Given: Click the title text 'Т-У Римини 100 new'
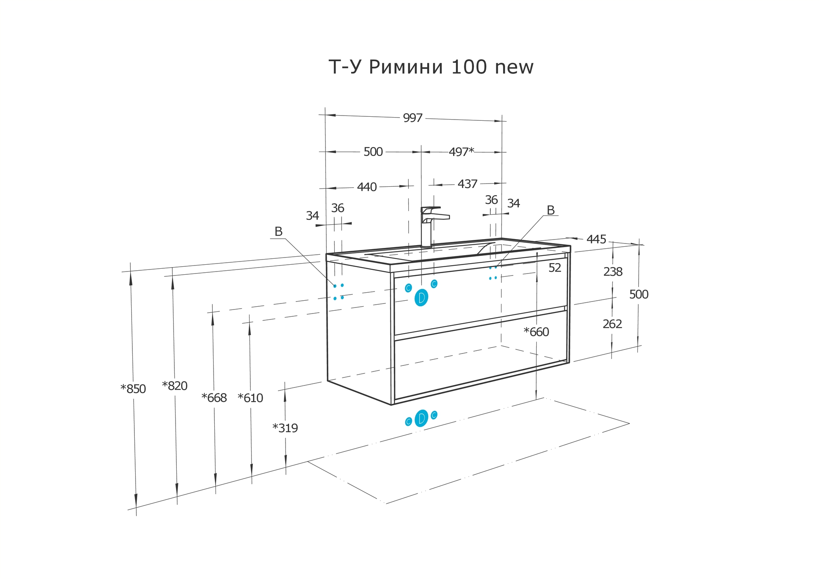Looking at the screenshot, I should (431, 67).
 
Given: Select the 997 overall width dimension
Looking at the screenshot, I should (413, 118).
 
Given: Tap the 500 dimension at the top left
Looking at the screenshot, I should (373, 152).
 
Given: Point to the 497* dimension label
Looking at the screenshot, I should (461, 152).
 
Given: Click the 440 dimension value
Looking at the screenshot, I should (367, 187).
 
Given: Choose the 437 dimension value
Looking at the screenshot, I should (467, 184).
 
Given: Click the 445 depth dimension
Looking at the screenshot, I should (596, 239).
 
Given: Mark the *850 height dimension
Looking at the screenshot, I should (134, 389).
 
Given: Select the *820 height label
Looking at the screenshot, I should (175, 386).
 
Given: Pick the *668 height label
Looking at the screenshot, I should (214, 398).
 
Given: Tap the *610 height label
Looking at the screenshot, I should (250, 398).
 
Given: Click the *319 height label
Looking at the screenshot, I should (285, 428).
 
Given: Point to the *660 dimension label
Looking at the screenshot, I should (536, 332).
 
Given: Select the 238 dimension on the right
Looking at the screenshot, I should (613, 272).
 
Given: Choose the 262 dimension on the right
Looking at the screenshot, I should (612, 324).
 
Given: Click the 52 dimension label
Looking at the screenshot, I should (555, 268).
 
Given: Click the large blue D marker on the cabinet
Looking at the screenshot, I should (421, 297).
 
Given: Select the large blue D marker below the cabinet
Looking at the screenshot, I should (421, 418).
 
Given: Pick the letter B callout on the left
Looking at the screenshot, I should (278, 232).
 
